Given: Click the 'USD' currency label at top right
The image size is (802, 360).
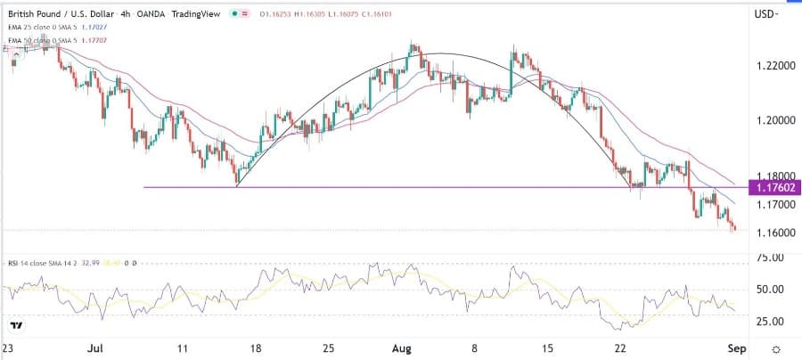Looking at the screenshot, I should [x=764, y=15].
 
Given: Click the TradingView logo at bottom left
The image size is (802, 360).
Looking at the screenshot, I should [x=15, y=327].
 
